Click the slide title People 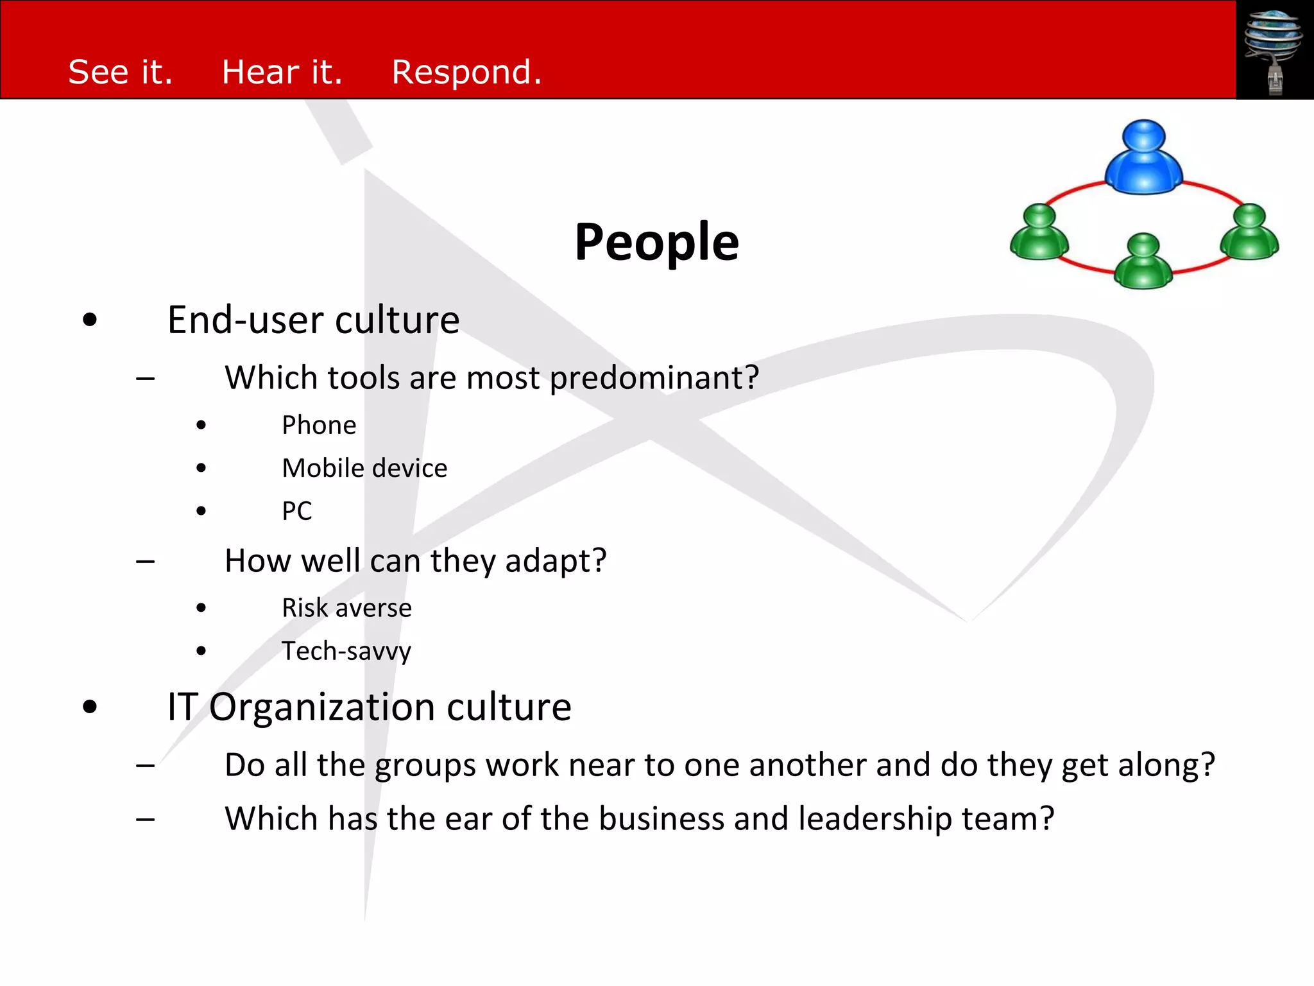tap(656, 242)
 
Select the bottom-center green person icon tap(1143, 262)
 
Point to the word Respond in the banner tap(466, 72)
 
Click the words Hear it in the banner tap(282, 72)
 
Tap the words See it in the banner tap(120, 72)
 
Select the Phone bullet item tap(319, 426)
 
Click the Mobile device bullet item tap(364, 469)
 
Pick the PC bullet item tap(297, 512)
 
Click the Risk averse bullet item tap(346, 608)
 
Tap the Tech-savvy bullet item tap(346, 652)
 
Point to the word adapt tap(555, 562)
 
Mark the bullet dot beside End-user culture tap(90, 320)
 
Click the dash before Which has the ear tap(146, 820)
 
